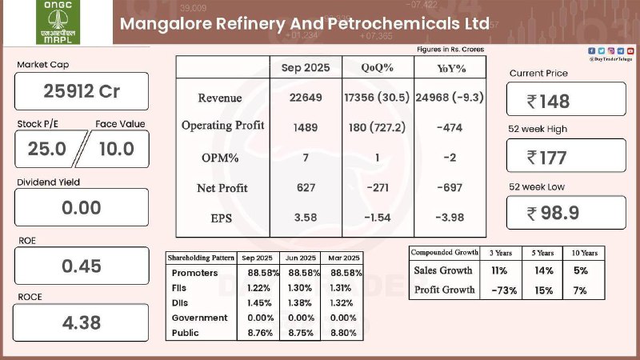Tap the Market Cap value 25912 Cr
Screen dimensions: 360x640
point(81,91)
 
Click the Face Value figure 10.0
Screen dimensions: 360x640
point(116,148)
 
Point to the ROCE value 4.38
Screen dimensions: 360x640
point(81,324)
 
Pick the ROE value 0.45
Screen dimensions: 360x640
point(81,266)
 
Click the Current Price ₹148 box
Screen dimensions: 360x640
point(566,101)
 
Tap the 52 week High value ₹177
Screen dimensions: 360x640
point(566,157)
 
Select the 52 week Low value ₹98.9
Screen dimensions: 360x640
point(566,213)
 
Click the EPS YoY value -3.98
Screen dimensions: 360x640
point(449,218)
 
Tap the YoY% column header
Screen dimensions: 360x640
point(449,67)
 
